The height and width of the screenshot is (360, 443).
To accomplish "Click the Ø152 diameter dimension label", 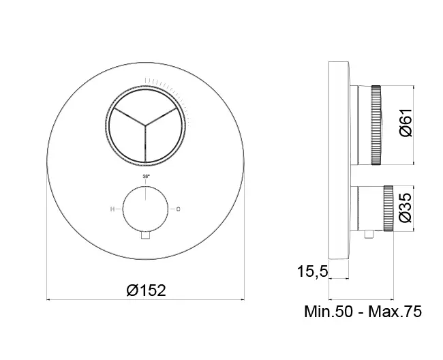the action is coord(147,290).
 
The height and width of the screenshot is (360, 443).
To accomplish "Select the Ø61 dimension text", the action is coord(406,123).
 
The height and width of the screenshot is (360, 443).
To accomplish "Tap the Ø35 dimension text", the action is coord(406,208).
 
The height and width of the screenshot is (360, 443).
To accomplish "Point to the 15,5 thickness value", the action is coord(312,272).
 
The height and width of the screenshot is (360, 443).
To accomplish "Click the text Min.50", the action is coord(329,312).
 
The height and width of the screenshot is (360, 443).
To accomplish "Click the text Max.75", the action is coord(395,312).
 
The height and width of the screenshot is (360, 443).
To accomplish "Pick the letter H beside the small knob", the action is coord(112,209).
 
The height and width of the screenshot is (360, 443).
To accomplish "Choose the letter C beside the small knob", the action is coord(179,209).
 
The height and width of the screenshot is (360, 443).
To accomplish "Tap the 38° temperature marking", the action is coord(146,176).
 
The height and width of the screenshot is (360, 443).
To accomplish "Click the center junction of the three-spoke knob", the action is coord(145,125).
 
